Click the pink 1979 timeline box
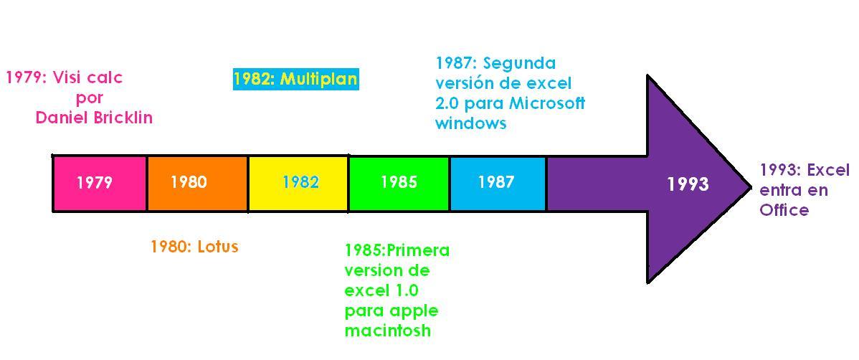[100, 183]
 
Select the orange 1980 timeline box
[197, 183]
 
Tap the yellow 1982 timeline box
[298, 183]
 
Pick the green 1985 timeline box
[399, 183]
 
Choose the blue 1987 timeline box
[498, 183]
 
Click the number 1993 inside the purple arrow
[688, 184]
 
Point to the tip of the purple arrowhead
[751, 184]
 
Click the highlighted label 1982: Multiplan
[296, 80]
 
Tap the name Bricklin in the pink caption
[122, 118]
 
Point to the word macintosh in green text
[388, 331]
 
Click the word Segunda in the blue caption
[526, 64]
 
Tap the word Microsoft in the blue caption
[547, 103]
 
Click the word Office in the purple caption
[784, 210]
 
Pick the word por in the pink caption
[90, 99]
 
